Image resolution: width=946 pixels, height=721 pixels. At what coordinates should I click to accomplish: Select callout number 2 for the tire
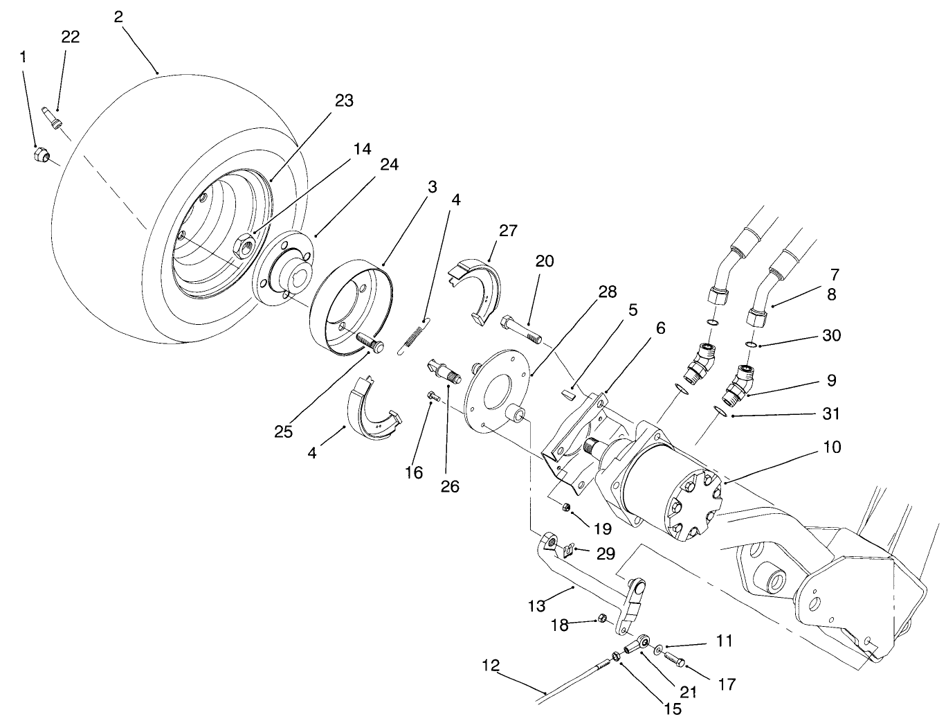118,17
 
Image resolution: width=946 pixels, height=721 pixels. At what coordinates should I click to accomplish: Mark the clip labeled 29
567,551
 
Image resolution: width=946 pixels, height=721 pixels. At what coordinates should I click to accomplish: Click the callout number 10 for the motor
833,447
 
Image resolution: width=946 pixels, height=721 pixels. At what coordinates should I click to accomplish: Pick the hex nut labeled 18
602,618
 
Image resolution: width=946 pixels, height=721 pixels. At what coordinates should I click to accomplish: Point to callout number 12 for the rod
491,666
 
